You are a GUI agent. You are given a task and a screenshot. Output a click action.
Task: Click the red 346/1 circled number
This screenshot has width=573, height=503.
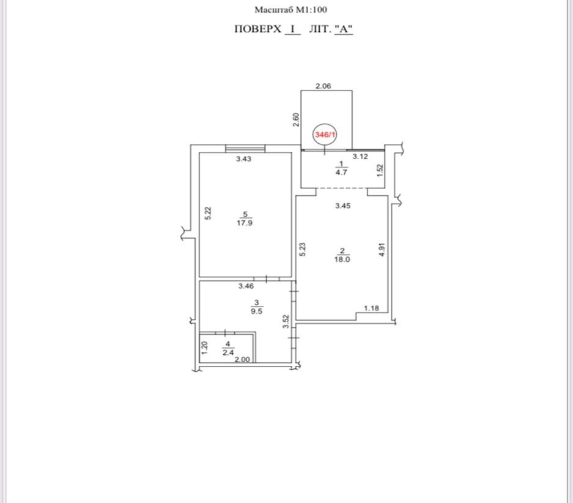(x=325, y=135)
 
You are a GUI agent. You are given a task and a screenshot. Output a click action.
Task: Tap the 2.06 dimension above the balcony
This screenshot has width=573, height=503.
(x=323, y=86)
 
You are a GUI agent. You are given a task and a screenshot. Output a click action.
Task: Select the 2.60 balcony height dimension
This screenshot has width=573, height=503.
(x=297, y=119)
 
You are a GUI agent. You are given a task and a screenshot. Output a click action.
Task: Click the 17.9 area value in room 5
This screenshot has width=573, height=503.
(x=245, y=223)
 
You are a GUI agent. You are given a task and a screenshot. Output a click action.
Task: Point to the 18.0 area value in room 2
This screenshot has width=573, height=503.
(x=342, y=259)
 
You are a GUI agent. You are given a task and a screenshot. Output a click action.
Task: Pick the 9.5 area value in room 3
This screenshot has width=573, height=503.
(x=256, y=311)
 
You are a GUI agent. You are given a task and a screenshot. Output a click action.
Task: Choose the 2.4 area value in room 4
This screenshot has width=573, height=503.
(x=228, y=352)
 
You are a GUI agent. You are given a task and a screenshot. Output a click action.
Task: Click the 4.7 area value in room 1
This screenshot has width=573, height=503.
(x=341, y=172)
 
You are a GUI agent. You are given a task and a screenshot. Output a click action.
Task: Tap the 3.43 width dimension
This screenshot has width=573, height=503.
(x=244, y=158)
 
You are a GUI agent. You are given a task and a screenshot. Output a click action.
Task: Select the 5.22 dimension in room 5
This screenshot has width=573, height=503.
(x=208, y=213)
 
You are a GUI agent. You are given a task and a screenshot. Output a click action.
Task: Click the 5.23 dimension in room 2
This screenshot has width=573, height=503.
(x=302, y=249)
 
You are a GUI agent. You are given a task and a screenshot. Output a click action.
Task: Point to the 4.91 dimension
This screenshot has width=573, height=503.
(x=382, y=249)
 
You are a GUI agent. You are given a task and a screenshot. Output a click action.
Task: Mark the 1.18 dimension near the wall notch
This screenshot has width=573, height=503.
(x=371, y=308)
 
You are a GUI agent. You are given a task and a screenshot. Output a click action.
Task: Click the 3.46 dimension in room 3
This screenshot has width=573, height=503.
(x=246, y=286)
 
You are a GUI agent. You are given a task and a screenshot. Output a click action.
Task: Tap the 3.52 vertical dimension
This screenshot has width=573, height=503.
(x=286, y=322)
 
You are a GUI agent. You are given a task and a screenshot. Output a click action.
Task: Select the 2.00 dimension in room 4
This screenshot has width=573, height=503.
(x=242, y=359)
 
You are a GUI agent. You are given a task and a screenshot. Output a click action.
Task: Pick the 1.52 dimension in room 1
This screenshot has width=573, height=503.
(x=380, y=170)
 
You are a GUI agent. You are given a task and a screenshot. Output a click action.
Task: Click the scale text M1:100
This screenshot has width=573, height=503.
(x=311, y=10)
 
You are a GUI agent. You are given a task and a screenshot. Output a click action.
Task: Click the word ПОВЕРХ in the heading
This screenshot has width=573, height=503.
(x=257, y=29)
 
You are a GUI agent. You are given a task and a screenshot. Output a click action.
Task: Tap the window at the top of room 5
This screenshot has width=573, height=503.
(x=245, y=148)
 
